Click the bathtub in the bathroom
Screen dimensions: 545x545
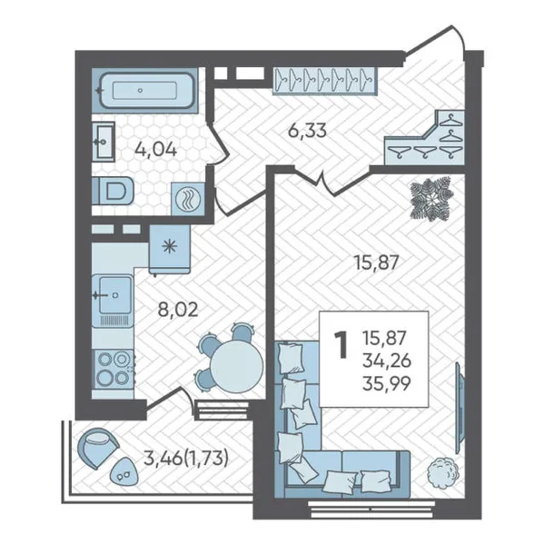[146, 90]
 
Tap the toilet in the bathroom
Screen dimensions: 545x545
[113, 191]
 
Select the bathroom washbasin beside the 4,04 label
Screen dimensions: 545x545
[104, 142]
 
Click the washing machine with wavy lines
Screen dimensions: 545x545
[188, 199]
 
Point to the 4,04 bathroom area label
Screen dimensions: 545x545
[155, 151]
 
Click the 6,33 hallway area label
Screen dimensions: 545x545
[307, 131]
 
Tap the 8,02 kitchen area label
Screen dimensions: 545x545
[178, 310]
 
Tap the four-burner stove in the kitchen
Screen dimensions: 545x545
[113, 369]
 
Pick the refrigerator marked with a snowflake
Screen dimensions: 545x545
[170, 249]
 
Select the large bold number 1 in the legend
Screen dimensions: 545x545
[341, 345]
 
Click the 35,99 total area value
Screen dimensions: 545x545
[387, 383]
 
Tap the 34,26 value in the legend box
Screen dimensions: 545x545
[387, 361]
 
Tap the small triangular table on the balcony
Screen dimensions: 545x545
[124, 471]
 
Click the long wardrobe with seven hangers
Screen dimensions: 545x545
[324, 80]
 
